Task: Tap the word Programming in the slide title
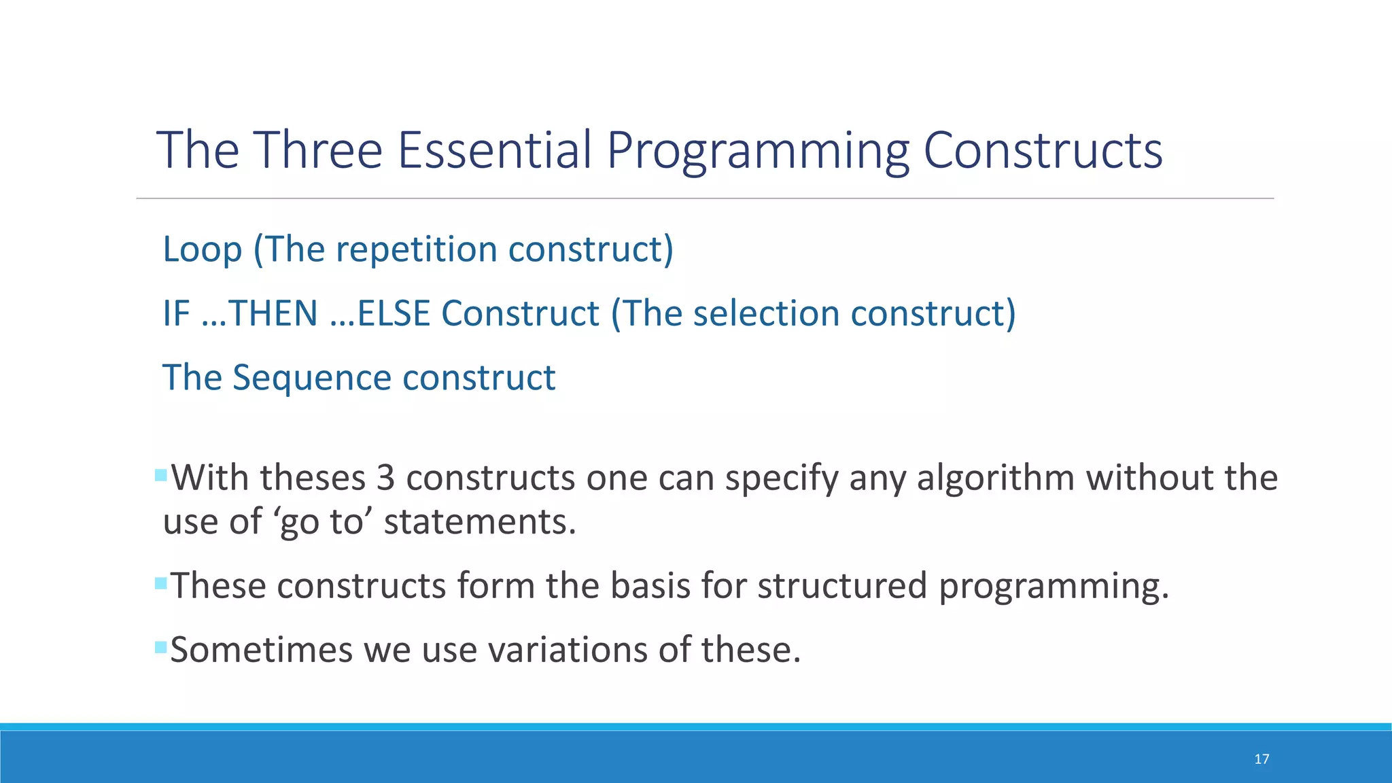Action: (757, 151)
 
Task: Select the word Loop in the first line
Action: (202, 249)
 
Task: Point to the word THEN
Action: (273, 313)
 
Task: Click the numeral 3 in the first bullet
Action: (385, 478)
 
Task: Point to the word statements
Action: (479, 522)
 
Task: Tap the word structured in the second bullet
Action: (842, 585)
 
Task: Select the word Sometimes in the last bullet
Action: (262, 649)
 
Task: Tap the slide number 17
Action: (1261, 759)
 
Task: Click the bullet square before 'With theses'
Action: (161, 474)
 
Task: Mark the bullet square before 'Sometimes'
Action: (161, 646)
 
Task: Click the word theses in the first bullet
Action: (313, 478)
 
